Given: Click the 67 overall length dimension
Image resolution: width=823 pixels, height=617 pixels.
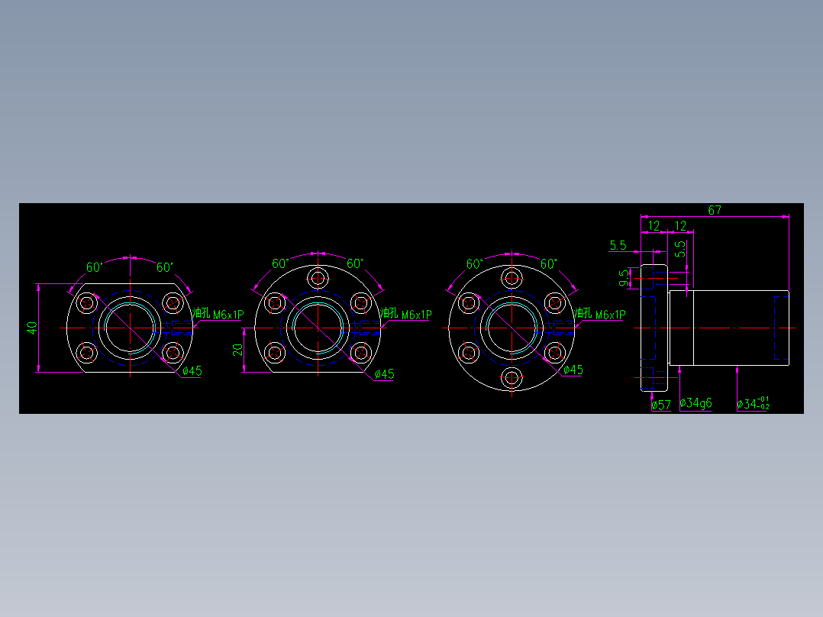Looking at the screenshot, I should (x=715, y=210).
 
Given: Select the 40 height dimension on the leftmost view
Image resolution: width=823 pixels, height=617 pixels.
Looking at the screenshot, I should (x=32, y=328).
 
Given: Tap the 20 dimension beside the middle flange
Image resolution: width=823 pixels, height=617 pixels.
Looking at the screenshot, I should (x=237, y=350).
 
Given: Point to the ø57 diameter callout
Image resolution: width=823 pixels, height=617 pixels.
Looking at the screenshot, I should (x=660, y=405).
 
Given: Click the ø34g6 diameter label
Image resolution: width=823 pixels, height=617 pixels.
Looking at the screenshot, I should (x=696, y=402).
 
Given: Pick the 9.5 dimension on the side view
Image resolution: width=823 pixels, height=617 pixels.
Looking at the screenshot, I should (x=625, y=277).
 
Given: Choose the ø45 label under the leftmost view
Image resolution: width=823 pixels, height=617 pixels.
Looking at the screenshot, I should (x=192, y=371).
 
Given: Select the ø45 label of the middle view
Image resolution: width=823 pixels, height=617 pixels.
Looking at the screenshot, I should (x=384, y=374).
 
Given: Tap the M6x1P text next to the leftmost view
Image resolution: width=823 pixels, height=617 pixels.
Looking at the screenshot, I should (x=228, y=315).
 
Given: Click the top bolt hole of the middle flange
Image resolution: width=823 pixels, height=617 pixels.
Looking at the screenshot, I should (x=318, y=276).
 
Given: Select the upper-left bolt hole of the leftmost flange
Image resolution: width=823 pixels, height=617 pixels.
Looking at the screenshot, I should (x=87, y=303).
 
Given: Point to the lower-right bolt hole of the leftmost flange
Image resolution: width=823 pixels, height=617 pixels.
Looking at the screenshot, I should (x=174, y=353).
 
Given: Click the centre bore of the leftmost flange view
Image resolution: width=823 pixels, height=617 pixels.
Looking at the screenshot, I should (x=131, y=328).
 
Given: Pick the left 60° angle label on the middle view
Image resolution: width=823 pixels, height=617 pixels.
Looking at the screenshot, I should (x=281, y=264).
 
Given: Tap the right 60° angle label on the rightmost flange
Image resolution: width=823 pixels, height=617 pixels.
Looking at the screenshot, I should (x=547, y=264).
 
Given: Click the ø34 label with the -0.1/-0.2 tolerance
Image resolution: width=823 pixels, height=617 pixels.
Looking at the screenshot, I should (x=753, y=403).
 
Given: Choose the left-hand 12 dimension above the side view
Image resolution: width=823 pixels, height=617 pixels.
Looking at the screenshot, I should (x=654, y=226).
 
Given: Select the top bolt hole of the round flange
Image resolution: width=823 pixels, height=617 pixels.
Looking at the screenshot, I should (x=512, y=276).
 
